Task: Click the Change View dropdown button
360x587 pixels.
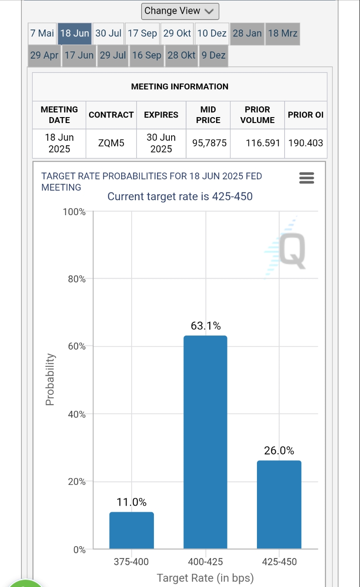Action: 180,11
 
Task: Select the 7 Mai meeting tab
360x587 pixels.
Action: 42,34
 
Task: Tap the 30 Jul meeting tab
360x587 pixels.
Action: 108,34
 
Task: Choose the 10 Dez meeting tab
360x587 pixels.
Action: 212,34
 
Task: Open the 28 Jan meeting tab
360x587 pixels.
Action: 247,34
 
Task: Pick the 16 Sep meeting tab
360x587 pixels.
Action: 147,55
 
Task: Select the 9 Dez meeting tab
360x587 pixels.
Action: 213,55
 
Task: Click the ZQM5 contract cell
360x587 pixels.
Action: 111,143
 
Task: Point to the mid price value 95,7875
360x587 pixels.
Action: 209,143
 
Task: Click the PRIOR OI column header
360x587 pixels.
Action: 306,115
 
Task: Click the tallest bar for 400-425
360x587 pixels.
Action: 205,443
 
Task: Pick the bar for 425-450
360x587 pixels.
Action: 279,505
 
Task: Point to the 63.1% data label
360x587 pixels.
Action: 206,326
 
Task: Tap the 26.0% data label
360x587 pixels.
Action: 279,451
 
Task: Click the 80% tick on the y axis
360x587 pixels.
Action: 77,279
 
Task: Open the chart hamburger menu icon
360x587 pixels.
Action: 307,178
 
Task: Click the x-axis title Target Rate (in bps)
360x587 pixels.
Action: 205,578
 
